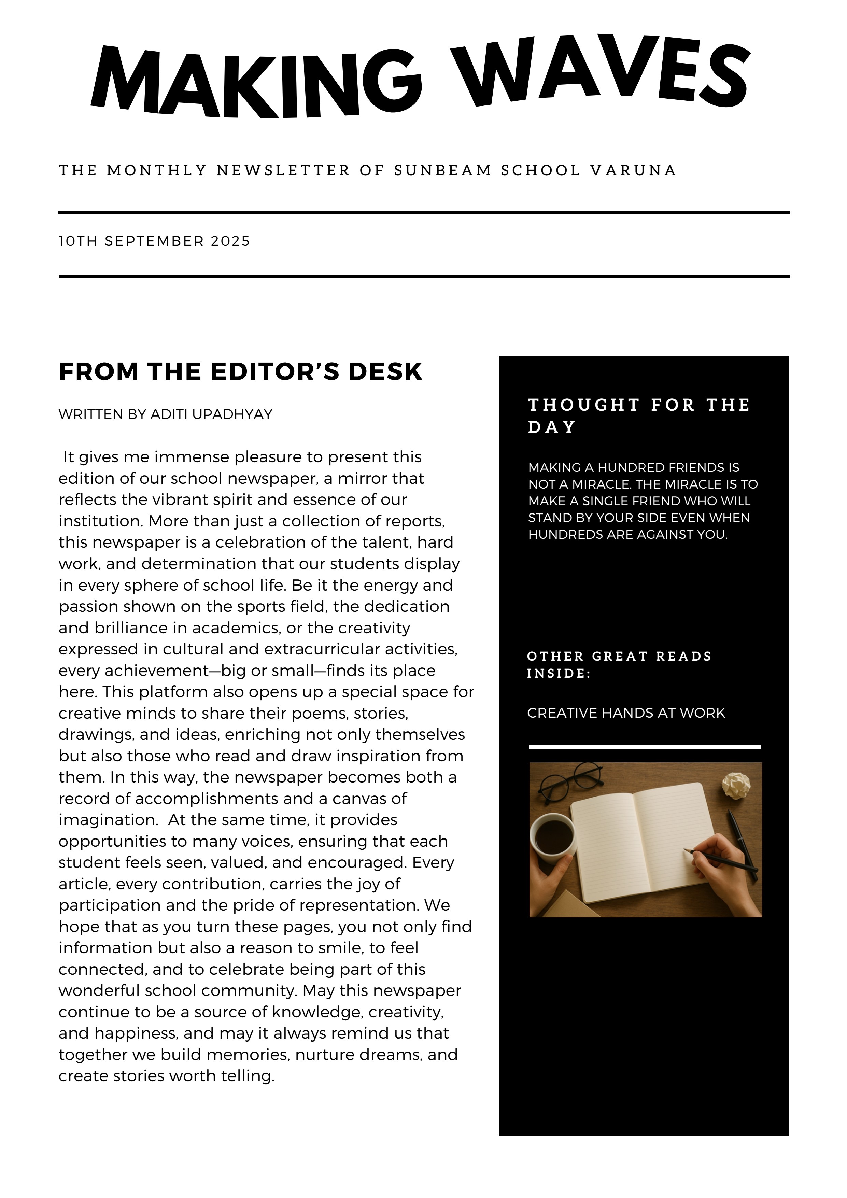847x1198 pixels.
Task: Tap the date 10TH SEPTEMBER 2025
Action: [x=154, y=241]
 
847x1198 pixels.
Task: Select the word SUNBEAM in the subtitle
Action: [x=442, y=171]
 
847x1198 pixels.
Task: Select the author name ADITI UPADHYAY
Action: [x=211, y=414]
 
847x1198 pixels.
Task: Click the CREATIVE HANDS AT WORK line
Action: [x=626, y=713]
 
